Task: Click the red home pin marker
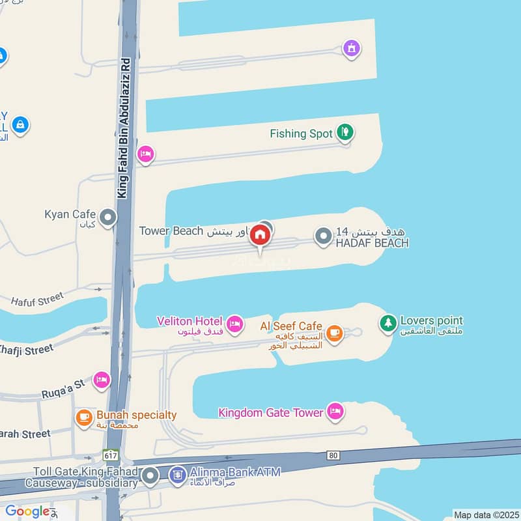click(260, 235)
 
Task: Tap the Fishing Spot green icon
click(345, 133)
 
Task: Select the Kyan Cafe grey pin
click(108, 218)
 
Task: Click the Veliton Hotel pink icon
click(234, 322)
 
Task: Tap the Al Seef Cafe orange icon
click(334, 333)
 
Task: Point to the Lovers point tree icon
click(388, 322)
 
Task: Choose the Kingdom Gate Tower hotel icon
click(335, 412)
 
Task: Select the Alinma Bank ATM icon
click(176, 476)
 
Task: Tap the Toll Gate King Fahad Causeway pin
click(151, 477)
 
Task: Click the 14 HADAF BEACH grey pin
click(324, 236)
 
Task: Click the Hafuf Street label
click(37, 300)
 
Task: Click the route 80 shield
click(333, 455)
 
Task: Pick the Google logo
click(28, 511)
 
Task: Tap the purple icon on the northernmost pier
click(352, 48)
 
